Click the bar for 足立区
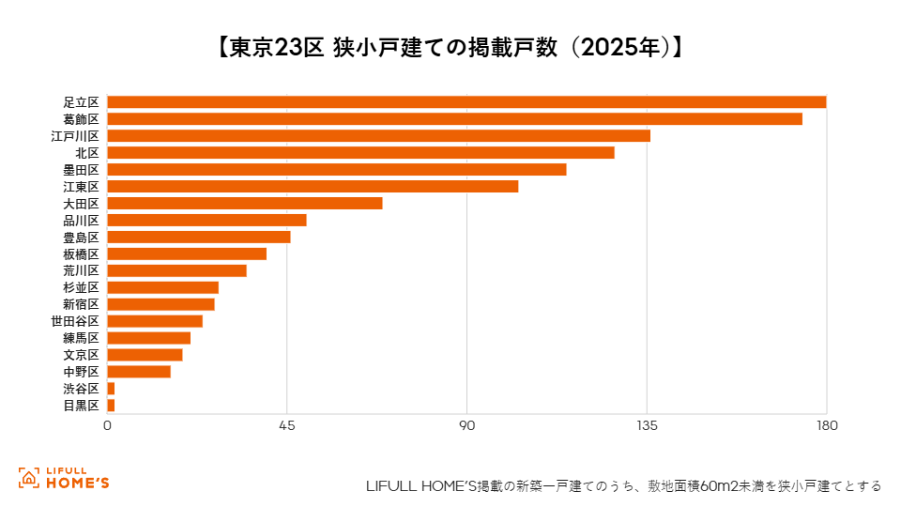pos(466,102)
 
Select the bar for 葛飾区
pos(454,119)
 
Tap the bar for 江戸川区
pos(378,135)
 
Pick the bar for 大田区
pos(245,204)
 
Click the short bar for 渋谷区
pos(111,389)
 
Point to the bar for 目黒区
pos(111,406)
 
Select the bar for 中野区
pos(139,372)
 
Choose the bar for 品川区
pos(206,220)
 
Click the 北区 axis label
pos(87,153)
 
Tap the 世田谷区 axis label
pos(75,321)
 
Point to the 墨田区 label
pos(81,170)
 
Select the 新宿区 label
pos(81,304)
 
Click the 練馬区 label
pos(81,338)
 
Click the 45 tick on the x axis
pos(287,426)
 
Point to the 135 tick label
pos(647,426)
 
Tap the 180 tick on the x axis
pos(827,426)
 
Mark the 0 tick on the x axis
pos(107,426)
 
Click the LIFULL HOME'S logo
pos(63,478)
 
